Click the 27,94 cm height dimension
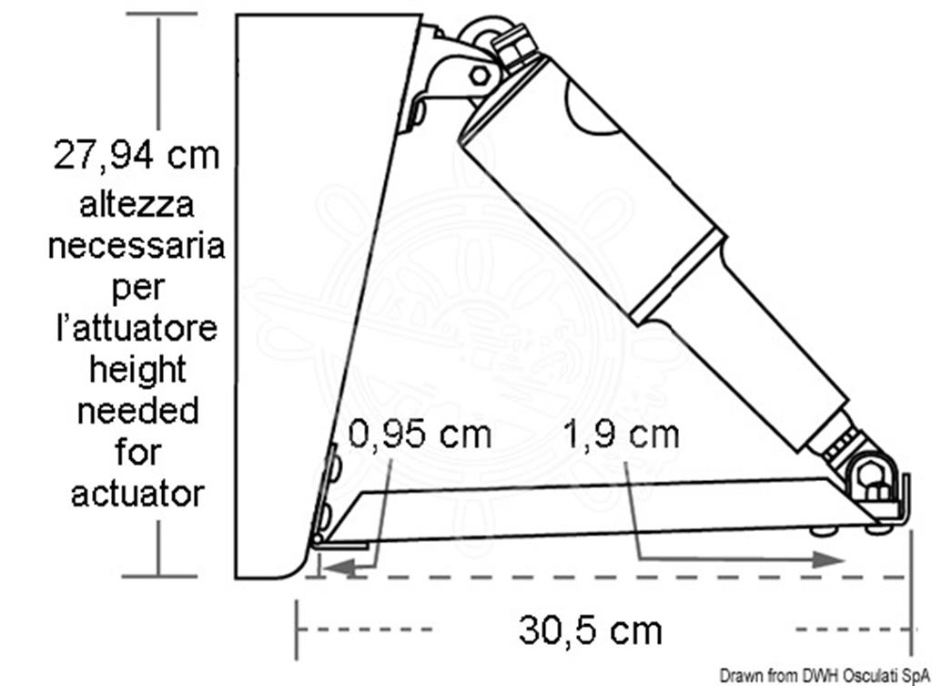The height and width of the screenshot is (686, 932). click(137, 155)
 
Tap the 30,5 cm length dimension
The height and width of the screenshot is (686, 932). click(590, 630)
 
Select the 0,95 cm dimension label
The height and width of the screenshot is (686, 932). click(420, 434)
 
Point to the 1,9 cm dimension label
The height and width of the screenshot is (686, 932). click(621, 435)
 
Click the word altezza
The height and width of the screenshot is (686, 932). click(137, 205)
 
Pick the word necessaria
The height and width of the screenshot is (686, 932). click(137, 246)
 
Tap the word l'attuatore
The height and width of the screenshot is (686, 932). click(137, 328)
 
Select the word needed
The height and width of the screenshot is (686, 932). click(138, 411)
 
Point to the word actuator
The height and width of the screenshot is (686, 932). click(138, 494)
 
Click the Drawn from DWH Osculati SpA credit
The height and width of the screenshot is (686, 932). click(825, 676)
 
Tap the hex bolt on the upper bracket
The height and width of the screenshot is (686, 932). click(479, 76)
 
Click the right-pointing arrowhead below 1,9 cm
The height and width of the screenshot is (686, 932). click(828, 559)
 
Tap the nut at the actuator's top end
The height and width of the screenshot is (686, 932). click(515, 45)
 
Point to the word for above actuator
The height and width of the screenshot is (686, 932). click(138, 452)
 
